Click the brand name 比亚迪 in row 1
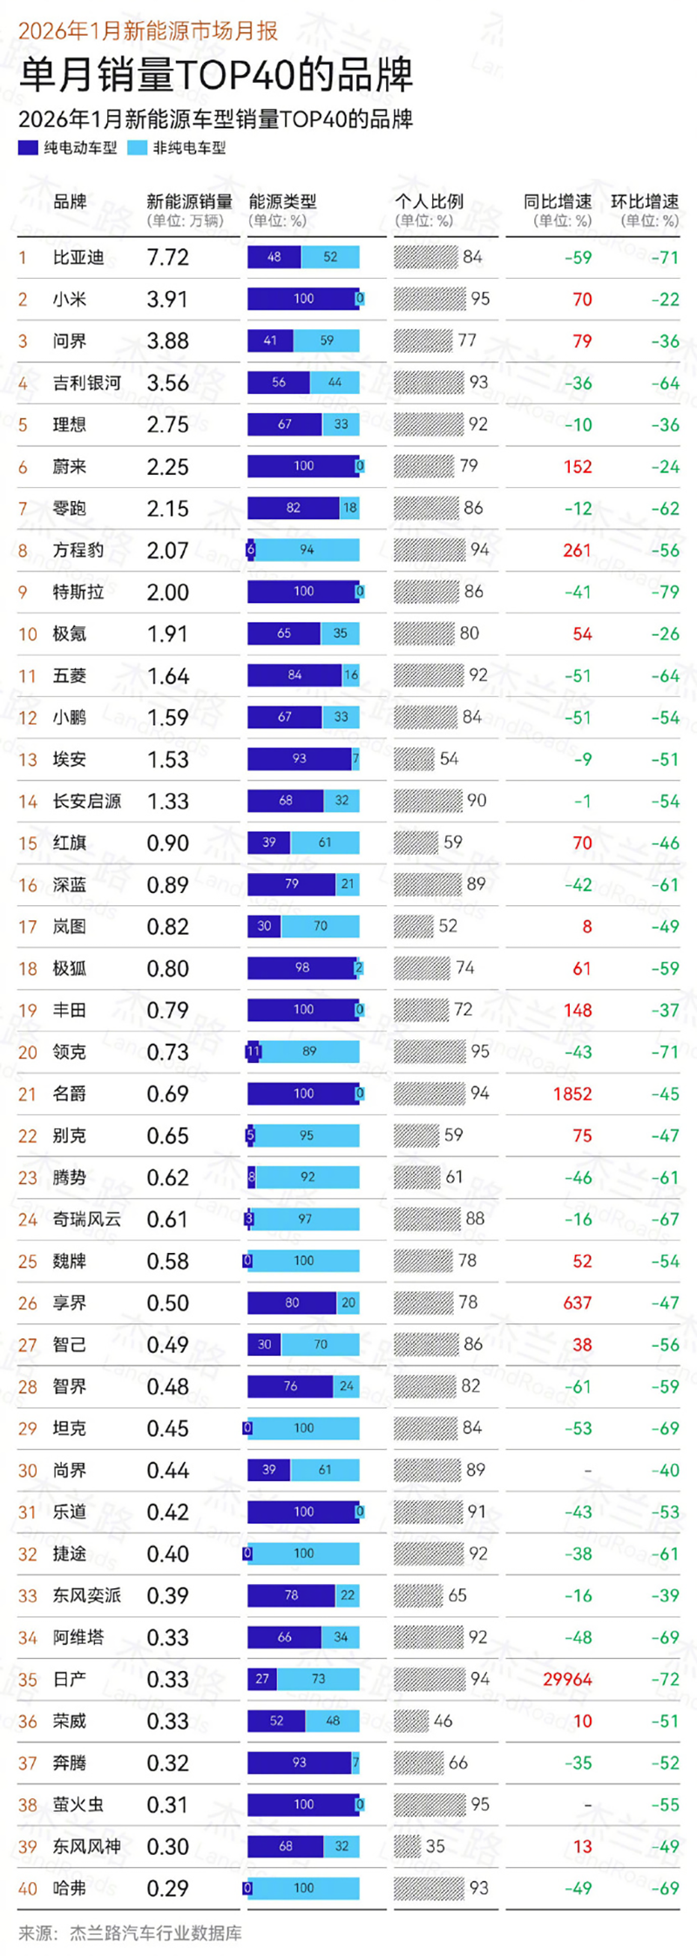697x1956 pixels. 78,257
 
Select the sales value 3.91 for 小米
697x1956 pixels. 167,299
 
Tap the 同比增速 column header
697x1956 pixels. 558,201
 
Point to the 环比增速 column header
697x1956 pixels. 645,201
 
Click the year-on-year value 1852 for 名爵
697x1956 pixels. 572,1093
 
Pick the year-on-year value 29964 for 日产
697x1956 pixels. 567,1679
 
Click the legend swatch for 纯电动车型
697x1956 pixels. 28,148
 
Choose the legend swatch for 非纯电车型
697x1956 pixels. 137,148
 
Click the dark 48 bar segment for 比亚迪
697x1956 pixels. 274,257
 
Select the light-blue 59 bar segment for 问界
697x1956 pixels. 327,341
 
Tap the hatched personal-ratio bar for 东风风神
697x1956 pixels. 407,1846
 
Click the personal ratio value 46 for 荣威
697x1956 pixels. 443,1721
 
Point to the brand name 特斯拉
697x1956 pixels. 78,592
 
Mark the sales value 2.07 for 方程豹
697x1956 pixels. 167,550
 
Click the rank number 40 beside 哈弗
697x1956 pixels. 28,1888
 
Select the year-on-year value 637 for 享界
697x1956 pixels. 578,1303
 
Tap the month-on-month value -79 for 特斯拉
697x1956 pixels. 665,592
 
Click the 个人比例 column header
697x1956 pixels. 429,201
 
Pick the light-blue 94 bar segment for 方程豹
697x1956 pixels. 307,550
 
